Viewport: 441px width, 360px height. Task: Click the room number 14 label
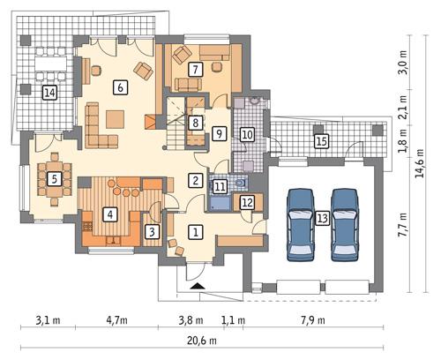click(50, 92)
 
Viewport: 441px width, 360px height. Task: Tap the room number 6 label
click(120, 86)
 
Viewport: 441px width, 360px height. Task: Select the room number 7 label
click(195, 69)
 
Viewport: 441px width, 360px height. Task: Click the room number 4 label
click(109, 214)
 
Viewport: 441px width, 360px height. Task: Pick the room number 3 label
click(153, 232)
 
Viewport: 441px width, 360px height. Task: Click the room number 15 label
click(322, 140)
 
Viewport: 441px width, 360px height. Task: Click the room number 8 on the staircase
click(196, 123)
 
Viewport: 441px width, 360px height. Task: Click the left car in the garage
click(301, 224)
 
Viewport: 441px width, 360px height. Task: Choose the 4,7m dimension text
click(116, 319)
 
